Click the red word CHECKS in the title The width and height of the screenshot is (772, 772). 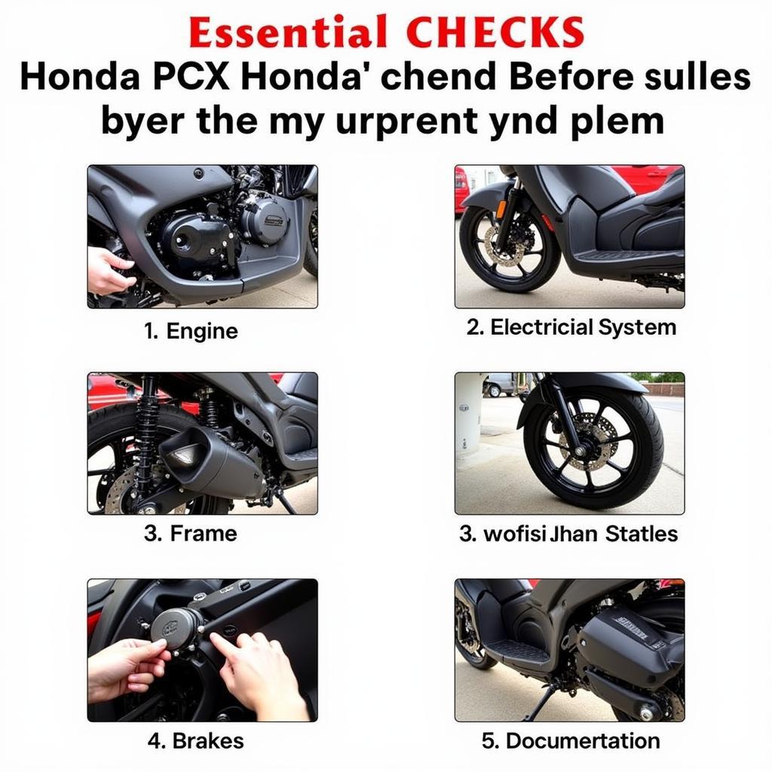(x=495, y=33)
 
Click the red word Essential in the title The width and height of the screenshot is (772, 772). (x=287, y=33)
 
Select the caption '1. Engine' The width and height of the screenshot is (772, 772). (x=191, y=331)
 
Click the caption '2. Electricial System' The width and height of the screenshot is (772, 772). (x=571, y=327)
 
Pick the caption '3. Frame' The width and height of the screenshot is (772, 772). (x=191, y=534)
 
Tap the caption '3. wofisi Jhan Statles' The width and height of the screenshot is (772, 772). (x=568, y=534)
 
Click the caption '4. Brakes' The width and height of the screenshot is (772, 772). (x=195, y=740)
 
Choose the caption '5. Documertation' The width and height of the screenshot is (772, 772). (x=571, y=740)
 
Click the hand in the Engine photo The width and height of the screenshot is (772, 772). (x=108, y=271)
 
